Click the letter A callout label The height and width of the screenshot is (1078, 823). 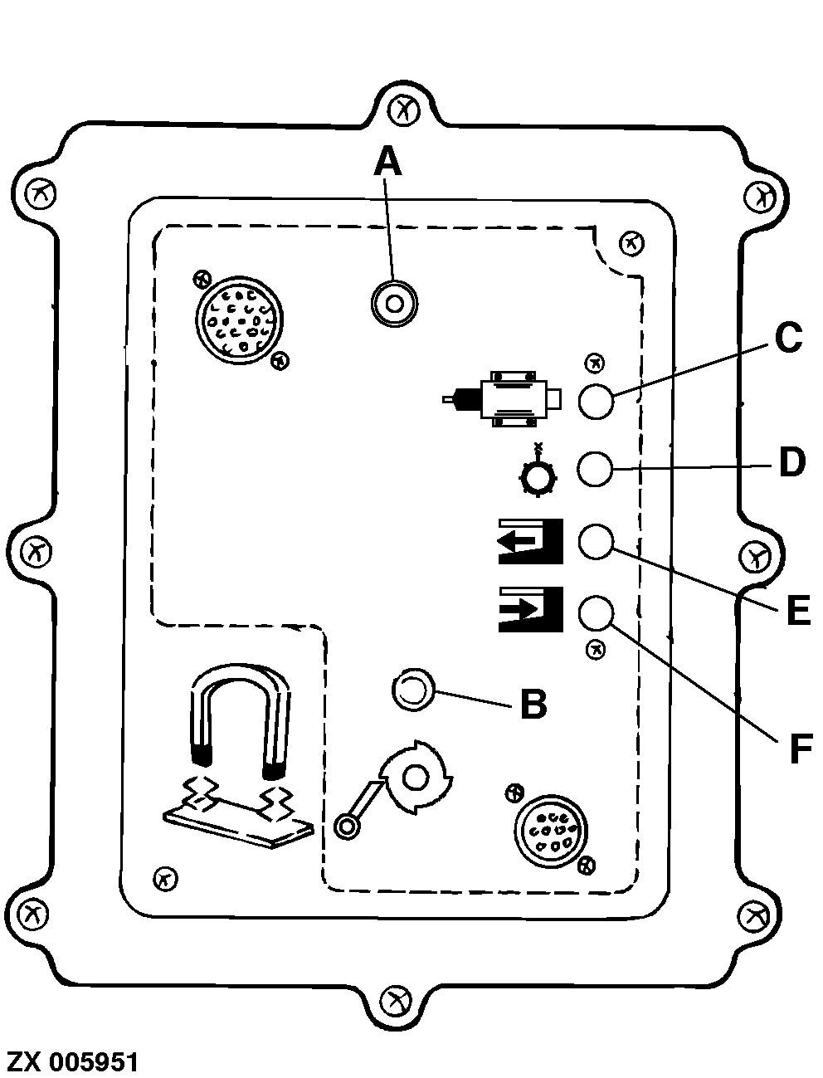(x=387, y=161)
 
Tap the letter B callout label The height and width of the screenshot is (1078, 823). (x=533, y=705)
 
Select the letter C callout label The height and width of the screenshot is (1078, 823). (x=787, y=338)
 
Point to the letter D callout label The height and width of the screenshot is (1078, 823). (x=792, y=462)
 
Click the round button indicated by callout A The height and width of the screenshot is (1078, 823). (x=395, y=305)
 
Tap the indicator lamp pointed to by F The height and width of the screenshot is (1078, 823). (x=595, y=613)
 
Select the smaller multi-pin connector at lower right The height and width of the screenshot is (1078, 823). (x=548, y=832)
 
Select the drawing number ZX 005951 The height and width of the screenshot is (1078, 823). (x=73, y=1061)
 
